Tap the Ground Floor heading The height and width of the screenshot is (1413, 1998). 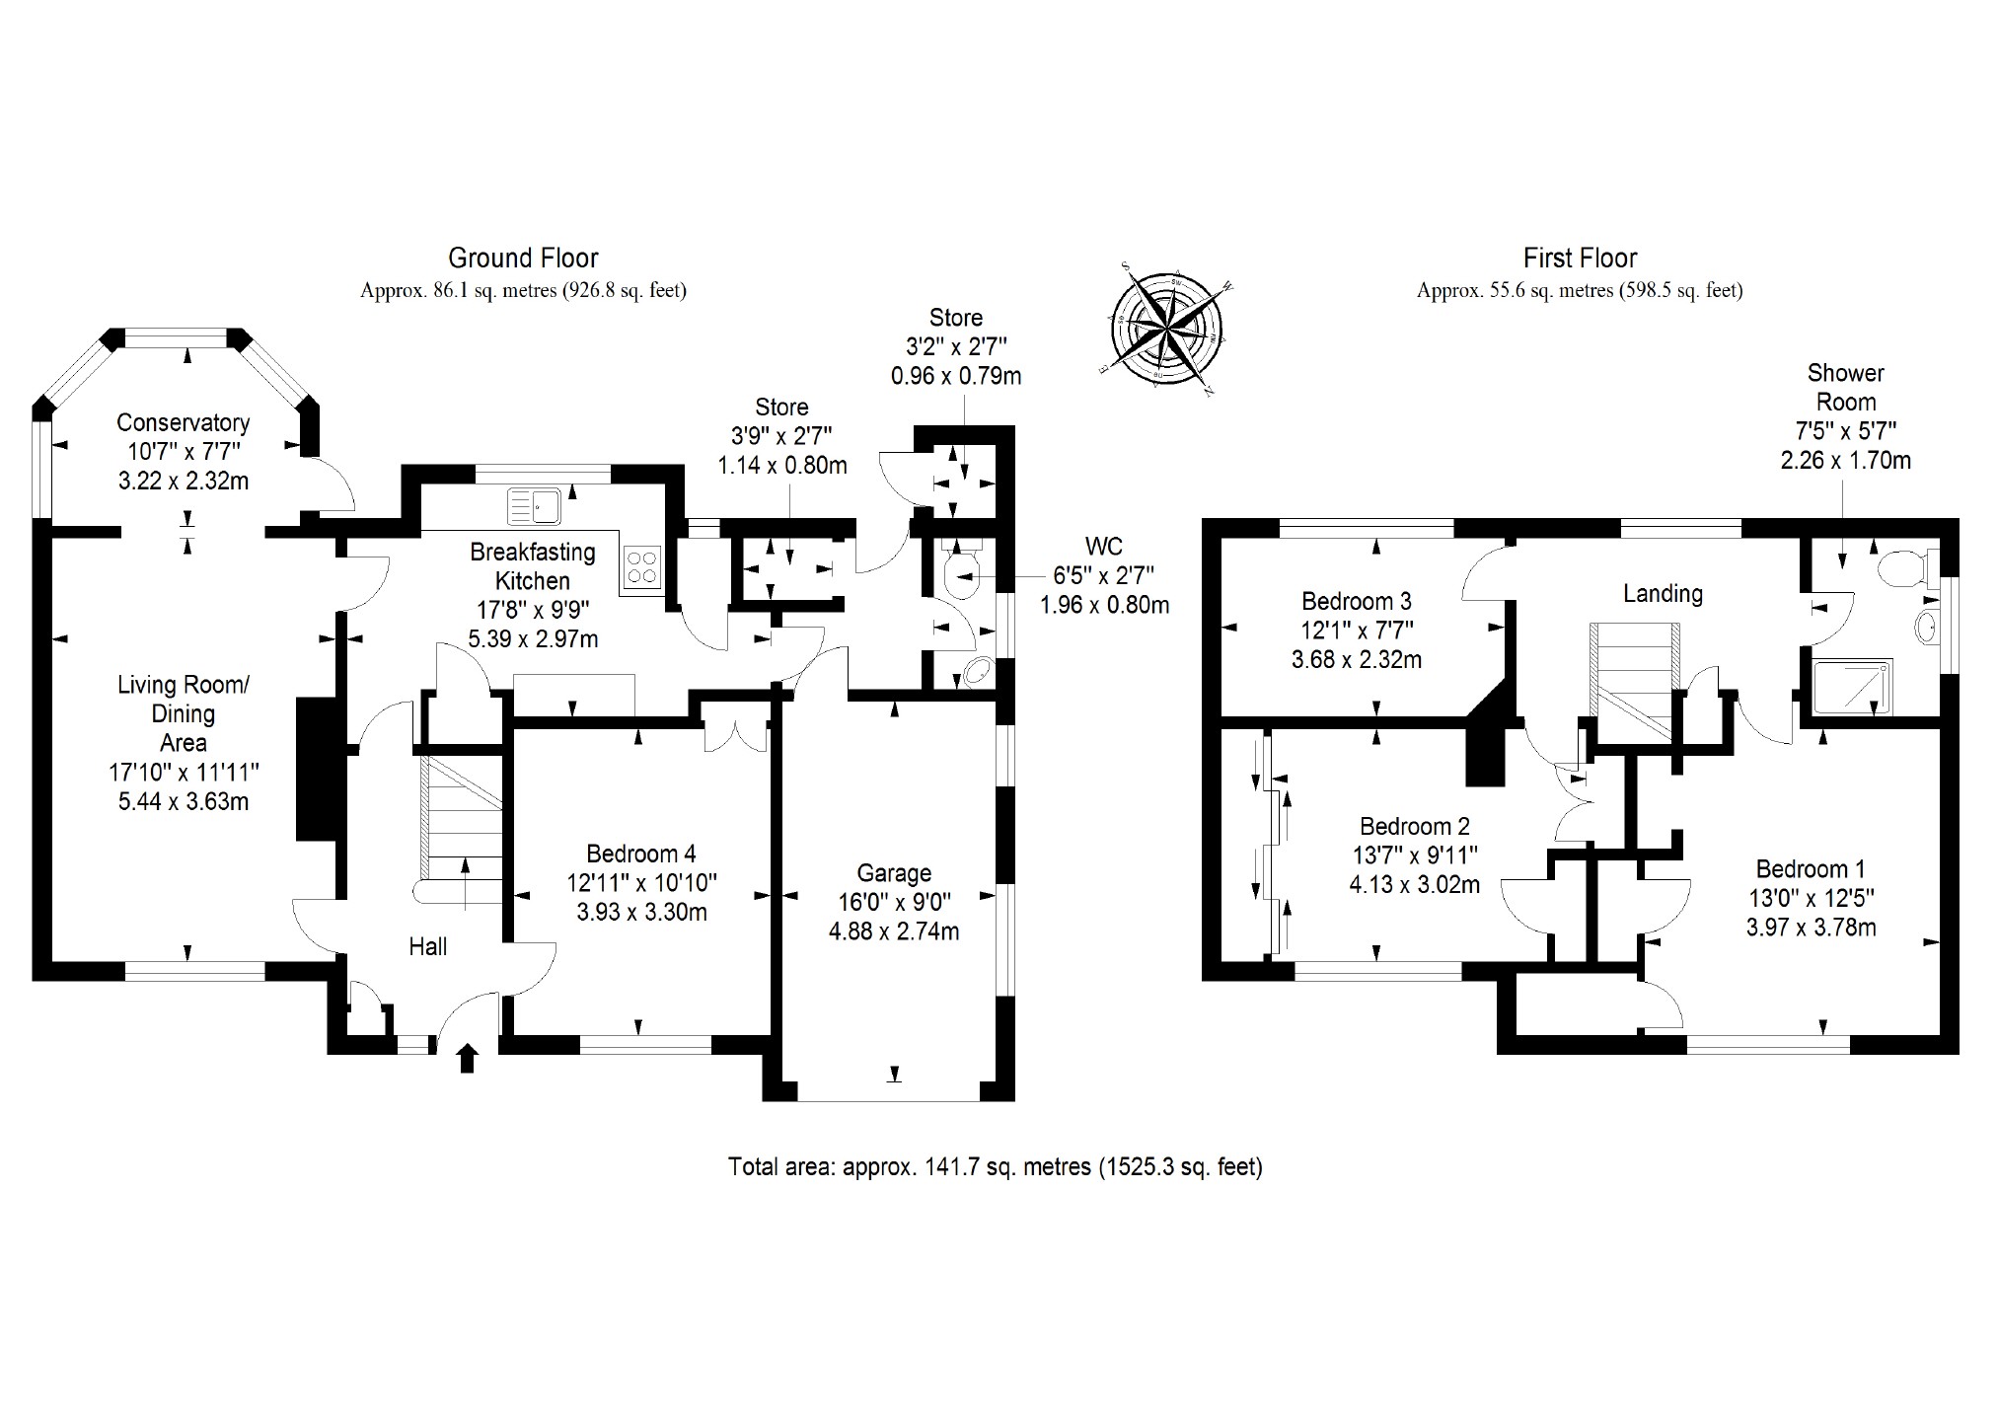523,259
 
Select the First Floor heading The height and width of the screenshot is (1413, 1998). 1580,259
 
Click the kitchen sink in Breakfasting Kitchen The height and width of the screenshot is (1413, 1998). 534,506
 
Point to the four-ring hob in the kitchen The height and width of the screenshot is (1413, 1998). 642,567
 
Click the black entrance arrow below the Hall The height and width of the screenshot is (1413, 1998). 468,1059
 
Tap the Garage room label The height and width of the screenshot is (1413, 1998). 894,873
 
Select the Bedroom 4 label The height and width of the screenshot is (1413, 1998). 641,854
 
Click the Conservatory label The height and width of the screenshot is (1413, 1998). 183,423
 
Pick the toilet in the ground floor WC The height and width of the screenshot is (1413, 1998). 960,575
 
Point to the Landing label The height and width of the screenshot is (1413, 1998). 1663,593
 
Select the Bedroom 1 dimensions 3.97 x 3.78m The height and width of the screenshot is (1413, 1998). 1811,928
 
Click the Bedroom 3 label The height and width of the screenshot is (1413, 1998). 1357,601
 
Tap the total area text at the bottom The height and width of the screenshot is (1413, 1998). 995,1167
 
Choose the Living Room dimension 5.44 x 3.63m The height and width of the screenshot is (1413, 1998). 184,801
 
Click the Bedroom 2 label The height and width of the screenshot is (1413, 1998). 1414,827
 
